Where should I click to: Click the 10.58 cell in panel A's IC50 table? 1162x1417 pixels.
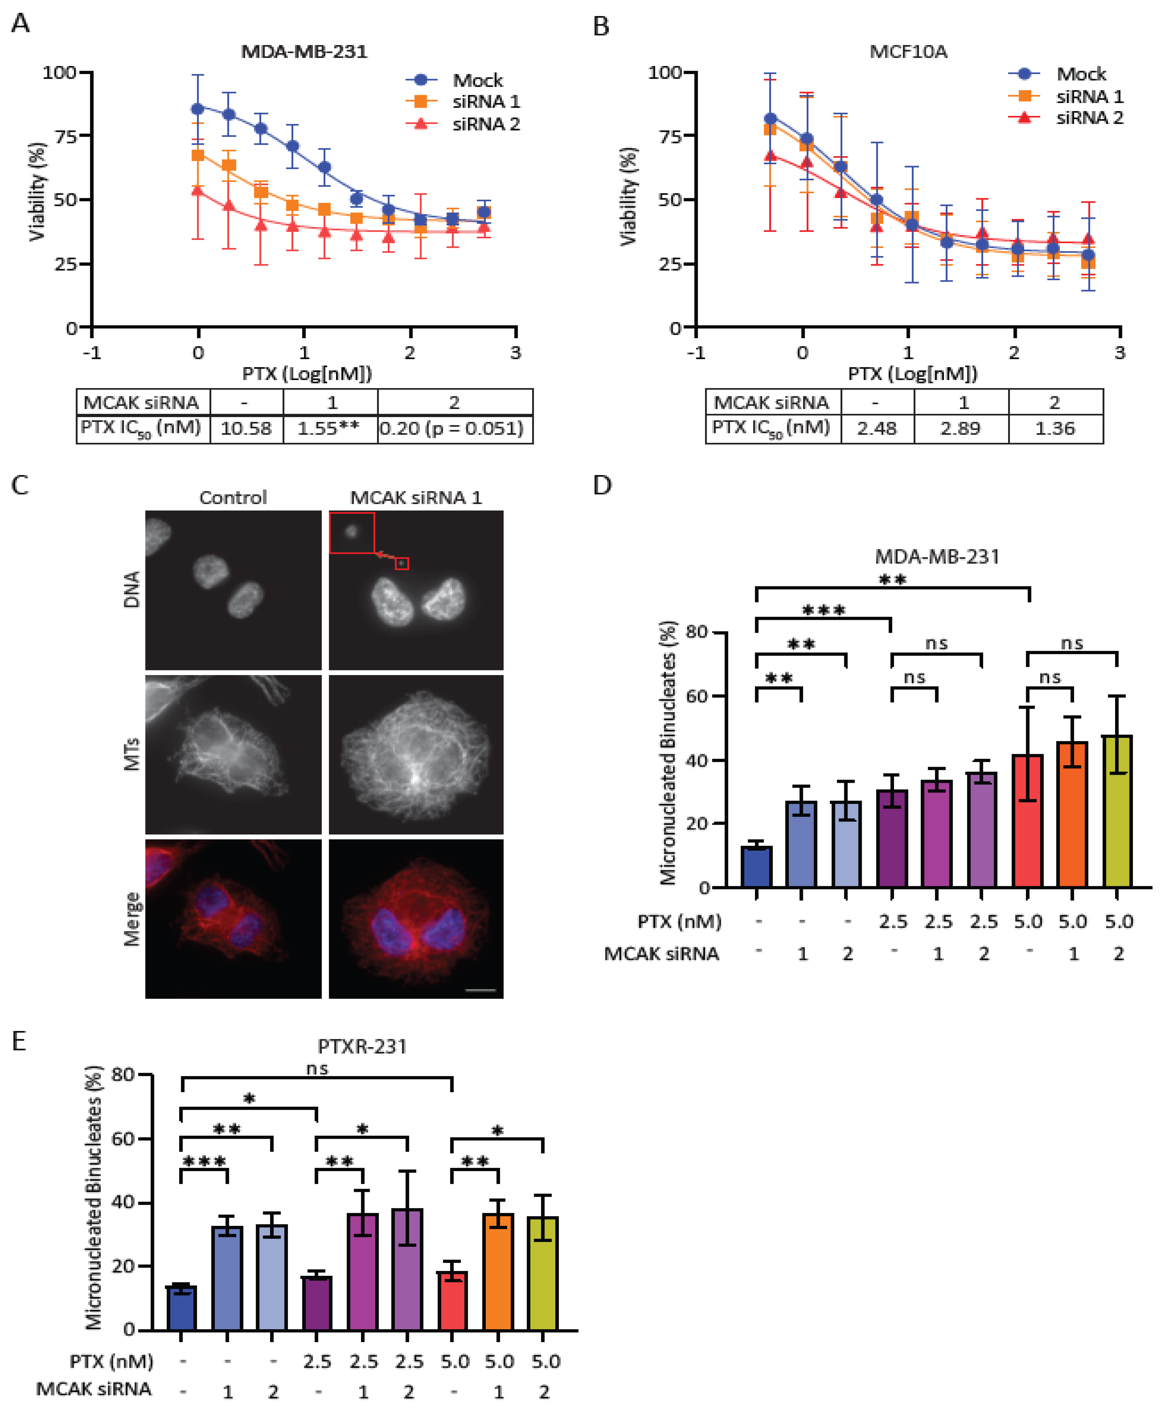(246, 428)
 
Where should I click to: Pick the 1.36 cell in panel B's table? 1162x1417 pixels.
(1055, 428)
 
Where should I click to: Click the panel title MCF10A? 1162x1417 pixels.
(908, 52)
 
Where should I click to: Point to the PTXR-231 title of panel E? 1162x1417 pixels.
(362, 1046)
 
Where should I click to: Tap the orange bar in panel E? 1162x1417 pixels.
(498, 1271)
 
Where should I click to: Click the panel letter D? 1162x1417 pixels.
(603, 485)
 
